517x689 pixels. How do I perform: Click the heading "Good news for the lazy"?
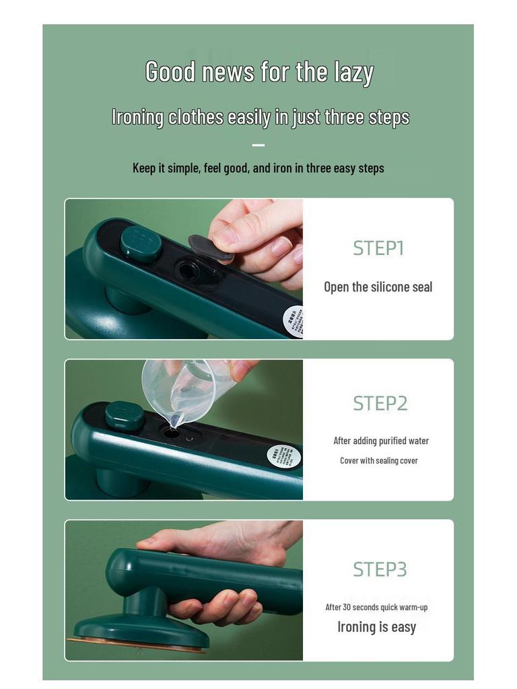(x=259, y=72)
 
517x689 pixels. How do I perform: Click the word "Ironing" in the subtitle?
(x=138, y=117)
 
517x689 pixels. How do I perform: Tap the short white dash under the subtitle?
(x=258, y=145)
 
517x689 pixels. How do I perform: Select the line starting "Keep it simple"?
(x=258, y=168)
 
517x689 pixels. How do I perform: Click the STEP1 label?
(x=378, y=248)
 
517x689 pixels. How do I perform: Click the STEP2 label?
(x=380, y=403)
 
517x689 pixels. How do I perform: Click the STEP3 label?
(x=380, y=569)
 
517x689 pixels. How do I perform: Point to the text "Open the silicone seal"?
(x=378, y=287)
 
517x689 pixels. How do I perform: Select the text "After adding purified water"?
(x=381, y=441)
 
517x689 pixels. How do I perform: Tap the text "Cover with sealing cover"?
(x=378, y=461)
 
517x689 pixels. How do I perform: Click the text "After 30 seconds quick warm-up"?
(x=376, y=607)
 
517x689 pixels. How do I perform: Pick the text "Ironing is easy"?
(x=376, y=627)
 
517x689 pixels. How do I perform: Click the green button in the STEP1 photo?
(x=141, y=242)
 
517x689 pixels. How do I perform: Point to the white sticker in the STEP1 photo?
(x=292, y=320)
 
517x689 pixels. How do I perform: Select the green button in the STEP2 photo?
(x=125, y=415)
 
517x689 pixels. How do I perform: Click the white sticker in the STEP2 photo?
(x=283, y=457)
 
